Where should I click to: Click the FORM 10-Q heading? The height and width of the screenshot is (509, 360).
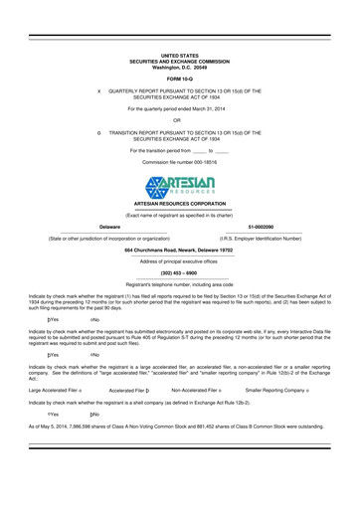[180, 77]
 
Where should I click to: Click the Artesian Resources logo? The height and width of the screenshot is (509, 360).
[180, 185]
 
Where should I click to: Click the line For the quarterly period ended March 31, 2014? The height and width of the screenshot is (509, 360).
[180, 105]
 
